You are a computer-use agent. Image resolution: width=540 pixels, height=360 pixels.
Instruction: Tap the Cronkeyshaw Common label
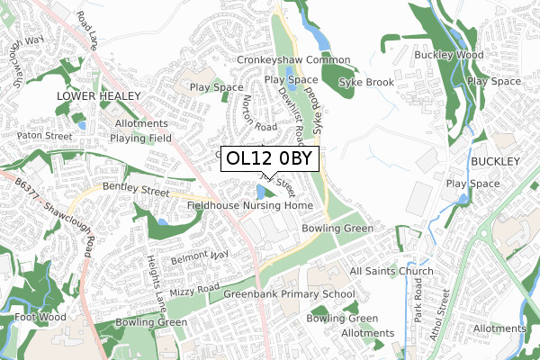click(292, 60)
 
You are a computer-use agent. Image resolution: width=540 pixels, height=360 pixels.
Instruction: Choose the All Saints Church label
click(391, 271)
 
